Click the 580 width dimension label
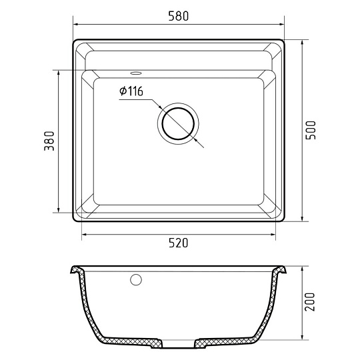(179, 16)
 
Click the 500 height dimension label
(311, 130)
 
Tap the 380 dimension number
(49, 141)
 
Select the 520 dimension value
(179, 243)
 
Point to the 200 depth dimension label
(310, 302)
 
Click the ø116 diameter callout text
(131, 91)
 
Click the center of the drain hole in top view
(178, 123)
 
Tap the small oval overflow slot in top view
(136, 73)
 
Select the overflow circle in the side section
(136, 279)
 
